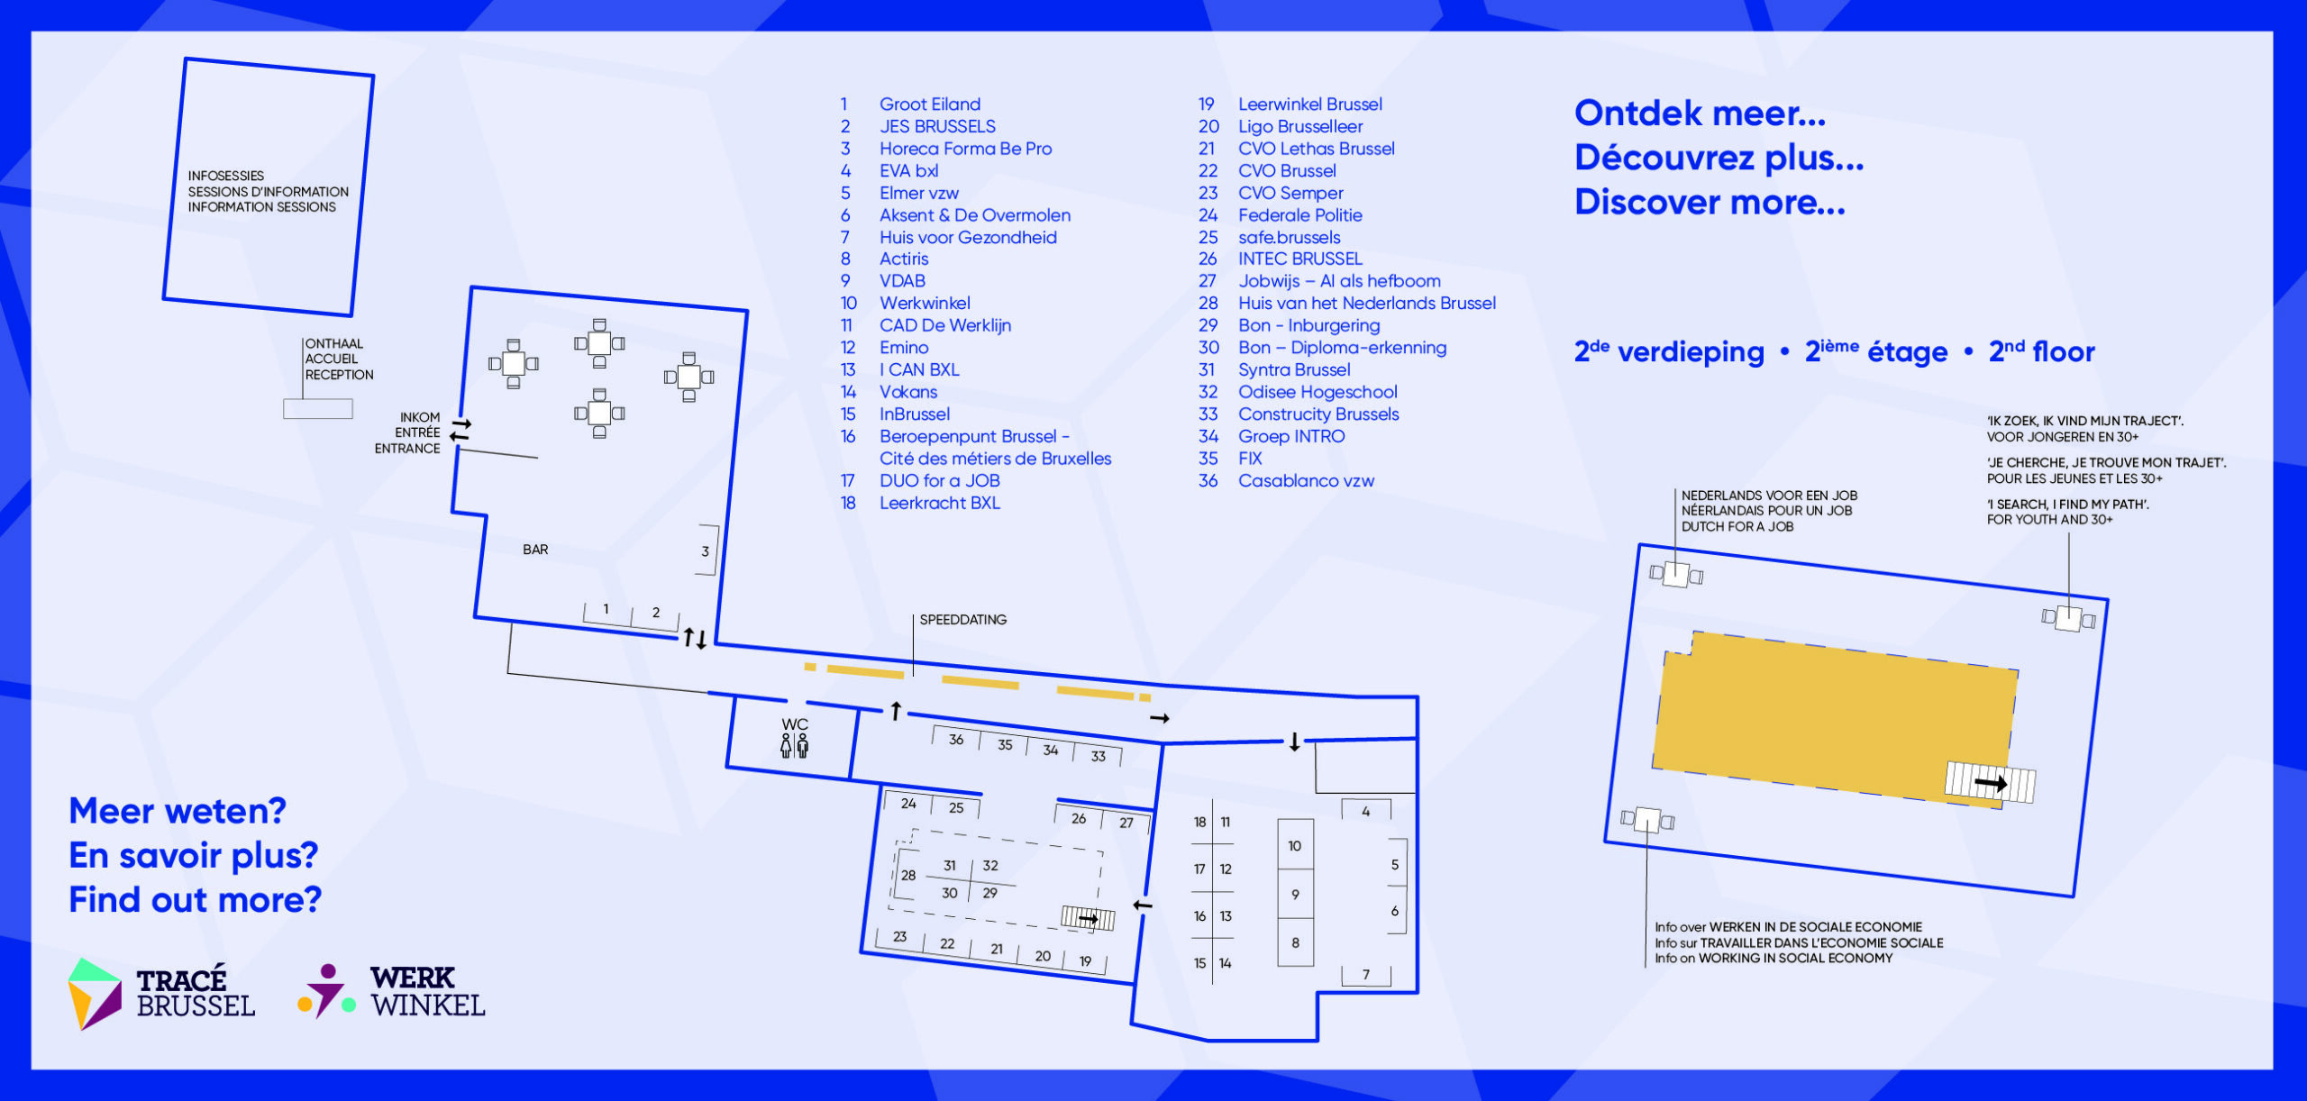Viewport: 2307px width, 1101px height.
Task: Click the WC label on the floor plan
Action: (795, 724)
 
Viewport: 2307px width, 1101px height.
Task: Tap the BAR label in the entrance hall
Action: (535, 550)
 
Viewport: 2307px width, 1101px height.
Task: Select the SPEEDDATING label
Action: (963, 620)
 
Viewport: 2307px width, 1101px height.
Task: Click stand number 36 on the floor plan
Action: (956, 740)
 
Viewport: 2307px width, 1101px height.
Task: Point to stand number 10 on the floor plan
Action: (1294, 846)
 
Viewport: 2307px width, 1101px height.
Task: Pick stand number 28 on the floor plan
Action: (908, 875)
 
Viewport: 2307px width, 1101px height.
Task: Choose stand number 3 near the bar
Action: (705, 551)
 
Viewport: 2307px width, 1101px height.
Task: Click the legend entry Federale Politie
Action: (1299, 215)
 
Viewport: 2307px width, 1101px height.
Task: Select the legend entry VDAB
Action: (902, 281)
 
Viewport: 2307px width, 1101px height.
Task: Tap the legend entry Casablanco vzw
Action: (1306, 481)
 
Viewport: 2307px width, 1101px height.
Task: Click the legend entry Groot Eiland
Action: (930, 105)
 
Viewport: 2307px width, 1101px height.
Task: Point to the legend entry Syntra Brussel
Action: (1294, 370)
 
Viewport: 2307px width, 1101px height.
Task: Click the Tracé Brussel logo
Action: (162, 994)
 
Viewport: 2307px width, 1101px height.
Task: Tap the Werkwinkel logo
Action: (392, 991)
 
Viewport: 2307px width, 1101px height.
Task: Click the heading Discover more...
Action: (1710, 202)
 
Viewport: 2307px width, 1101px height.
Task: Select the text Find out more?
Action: (196, 899)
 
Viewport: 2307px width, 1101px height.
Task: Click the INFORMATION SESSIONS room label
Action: (262, 207)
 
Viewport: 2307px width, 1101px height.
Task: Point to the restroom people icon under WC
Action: (795, 746)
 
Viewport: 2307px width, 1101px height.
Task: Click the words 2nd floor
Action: (2042, 350)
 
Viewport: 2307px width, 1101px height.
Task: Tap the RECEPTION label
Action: (339, 375)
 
